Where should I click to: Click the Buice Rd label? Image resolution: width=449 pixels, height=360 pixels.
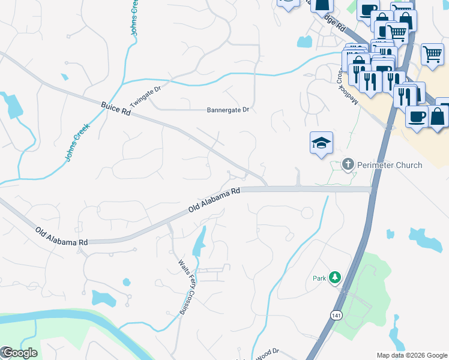[116, 109]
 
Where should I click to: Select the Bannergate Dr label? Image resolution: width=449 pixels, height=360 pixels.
[228, 110]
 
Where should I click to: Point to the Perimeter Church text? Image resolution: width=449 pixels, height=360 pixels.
[390, 164]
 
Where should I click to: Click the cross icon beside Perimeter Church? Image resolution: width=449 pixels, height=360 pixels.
[348, 164]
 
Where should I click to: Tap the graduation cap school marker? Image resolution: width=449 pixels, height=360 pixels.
[321, 143]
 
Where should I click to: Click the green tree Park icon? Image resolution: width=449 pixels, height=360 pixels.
[334, 278]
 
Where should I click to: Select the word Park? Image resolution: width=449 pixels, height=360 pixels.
[319, 278]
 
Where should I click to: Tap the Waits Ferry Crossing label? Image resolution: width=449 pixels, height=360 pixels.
[185, 286]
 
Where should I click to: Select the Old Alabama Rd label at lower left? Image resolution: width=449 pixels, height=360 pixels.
[61, 236]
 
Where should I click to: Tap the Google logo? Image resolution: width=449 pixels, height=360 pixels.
[19, 353]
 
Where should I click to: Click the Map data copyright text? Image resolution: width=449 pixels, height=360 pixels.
[412, 355]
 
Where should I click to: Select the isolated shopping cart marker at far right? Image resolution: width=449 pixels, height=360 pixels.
[432, 54]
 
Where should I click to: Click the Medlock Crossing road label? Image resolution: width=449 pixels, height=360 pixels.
[348, 84]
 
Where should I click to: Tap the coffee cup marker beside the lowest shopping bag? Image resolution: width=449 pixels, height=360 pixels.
[416, 117]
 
